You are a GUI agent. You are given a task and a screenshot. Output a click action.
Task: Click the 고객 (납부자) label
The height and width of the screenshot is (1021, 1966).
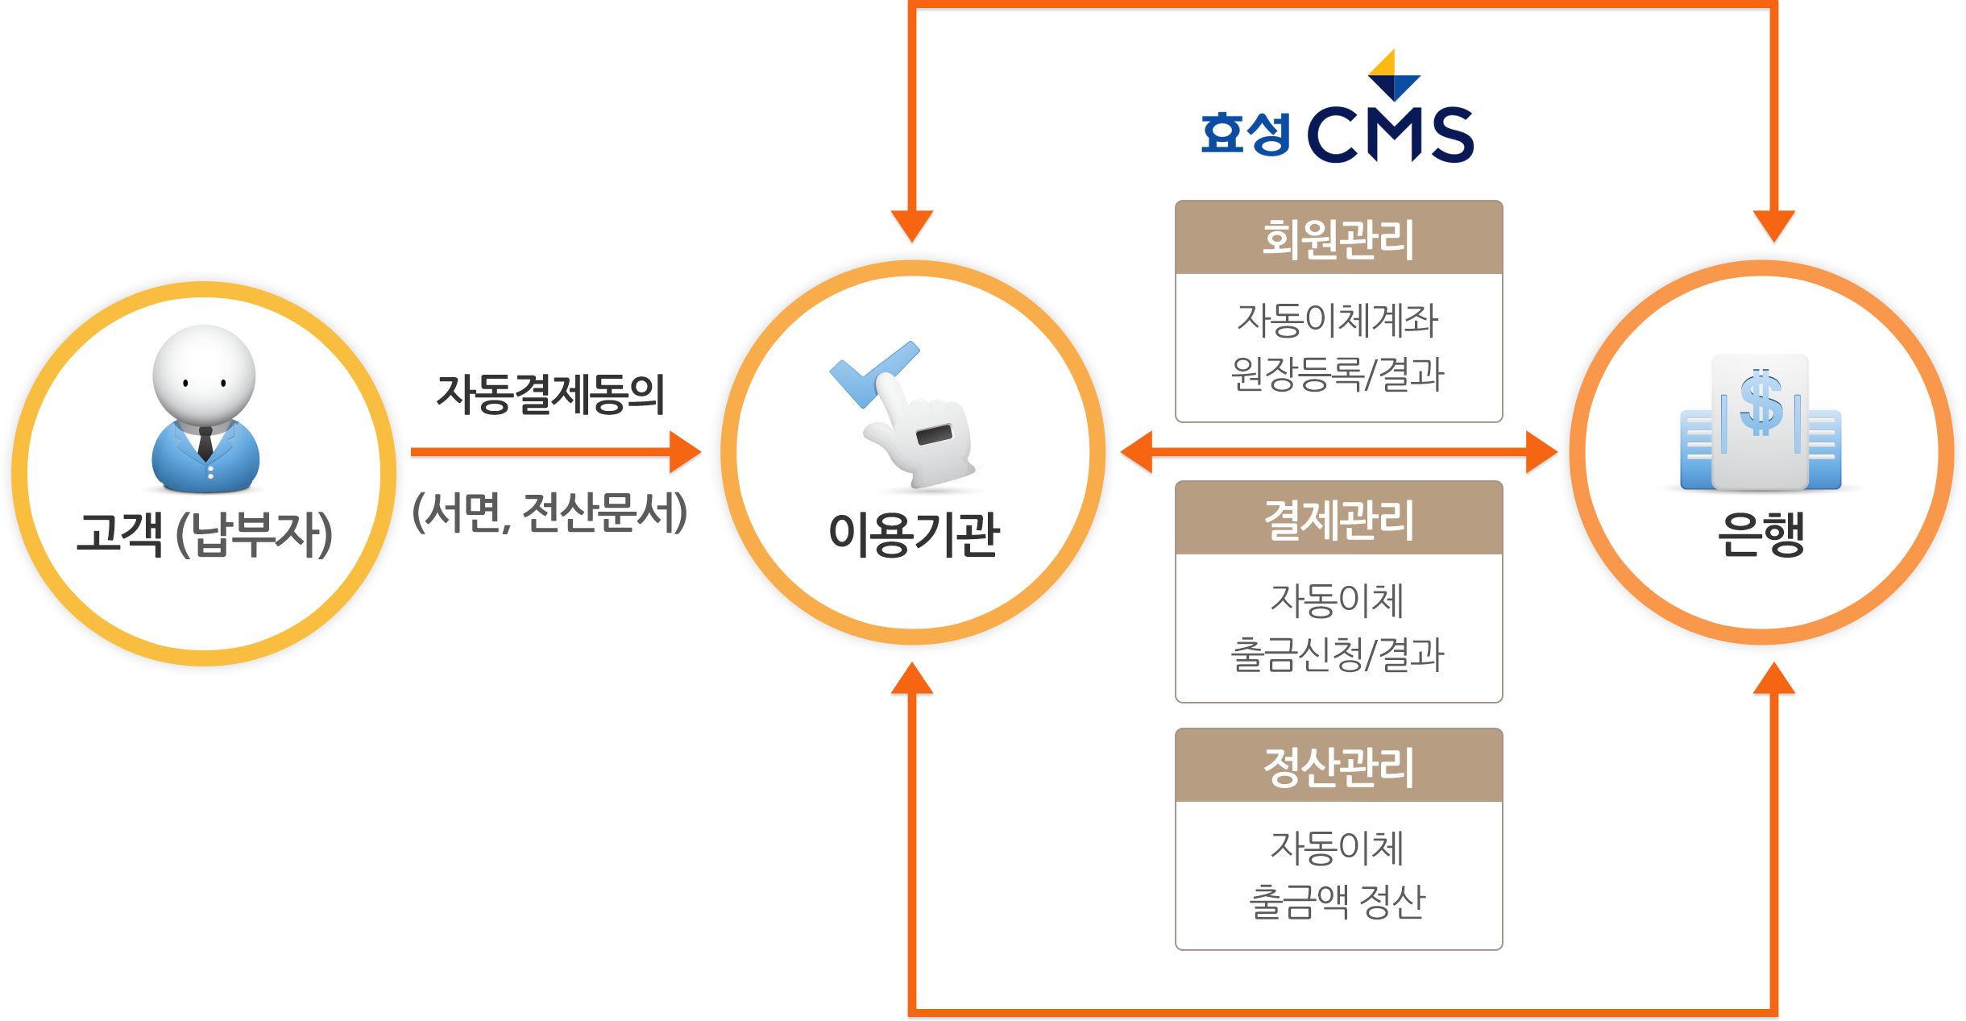click(x=205, y=534)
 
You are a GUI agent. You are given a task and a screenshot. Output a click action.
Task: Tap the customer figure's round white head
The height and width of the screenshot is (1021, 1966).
click(x=204, y=372)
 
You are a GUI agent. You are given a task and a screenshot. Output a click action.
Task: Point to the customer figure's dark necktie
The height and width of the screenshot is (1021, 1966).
click(x=205, y=443)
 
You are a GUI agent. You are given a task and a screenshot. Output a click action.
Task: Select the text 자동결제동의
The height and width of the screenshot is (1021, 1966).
click(x=550, y=395)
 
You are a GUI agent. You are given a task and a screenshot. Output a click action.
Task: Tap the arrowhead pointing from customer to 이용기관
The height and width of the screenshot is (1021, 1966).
click(x=686, y=453)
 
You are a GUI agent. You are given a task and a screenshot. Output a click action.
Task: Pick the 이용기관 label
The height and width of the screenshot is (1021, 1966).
click(x=914, y=534)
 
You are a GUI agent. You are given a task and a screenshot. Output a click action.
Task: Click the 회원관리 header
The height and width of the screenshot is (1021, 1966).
click(x=1338, y=239)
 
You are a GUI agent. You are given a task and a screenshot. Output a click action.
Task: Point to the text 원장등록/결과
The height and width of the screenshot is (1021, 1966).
click(x=1338, y=374)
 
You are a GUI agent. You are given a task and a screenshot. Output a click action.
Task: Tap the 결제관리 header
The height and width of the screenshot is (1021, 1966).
click(x=1338, y=519)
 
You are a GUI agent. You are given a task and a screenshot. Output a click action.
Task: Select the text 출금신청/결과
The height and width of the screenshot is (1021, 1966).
click(x=1338, y=654)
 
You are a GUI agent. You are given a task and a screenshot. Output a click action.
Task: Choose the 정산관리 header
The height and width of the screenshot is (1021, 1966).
click(x=1338, y=766)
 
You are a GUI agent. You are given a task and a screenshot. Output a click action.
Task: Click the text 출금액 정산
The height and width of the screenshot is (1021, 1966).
click(x=1338, y=901)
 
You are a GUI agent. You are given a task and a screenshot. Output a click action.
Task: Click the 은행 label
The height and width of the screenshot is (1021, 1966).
click(x=1761, y=534)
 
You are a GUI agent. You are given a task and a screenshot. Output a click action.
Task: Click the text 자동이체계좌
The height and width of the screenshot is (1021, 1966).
click(x=1338, y=320)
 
